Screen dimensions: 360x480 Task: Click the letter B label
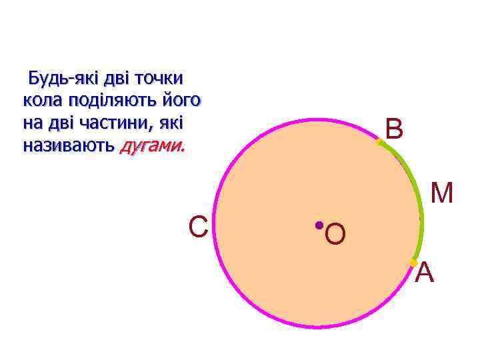point(394,129)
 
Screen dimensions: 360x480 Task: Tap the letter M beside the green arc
point(442,193)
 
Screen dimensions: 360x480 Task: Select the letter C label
point(198,227)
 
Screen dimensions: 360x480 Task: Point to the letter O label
point(336,234)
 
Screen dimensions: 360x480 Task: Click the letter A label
point(425,273)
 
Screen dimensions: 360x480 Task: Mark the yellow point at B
point(379,141)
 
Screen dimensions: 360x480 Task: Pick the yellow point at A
point(413,262)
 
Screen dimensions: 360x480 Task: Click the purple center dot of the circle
point(319,225)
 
